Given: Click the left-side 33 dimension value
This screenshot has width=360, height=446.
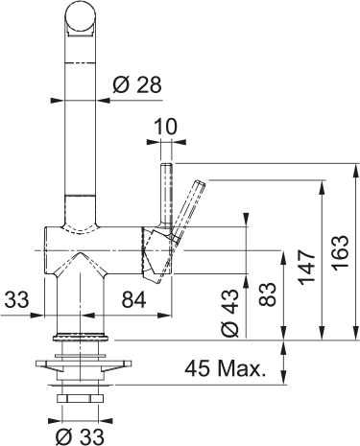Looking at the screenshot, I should coord(17,301).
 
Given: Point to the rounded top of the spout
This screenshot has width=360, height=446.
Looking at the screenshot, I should coord(83,15).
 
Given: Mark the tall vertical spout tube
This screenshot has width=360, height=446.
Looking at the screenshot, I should coord(83,125).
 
